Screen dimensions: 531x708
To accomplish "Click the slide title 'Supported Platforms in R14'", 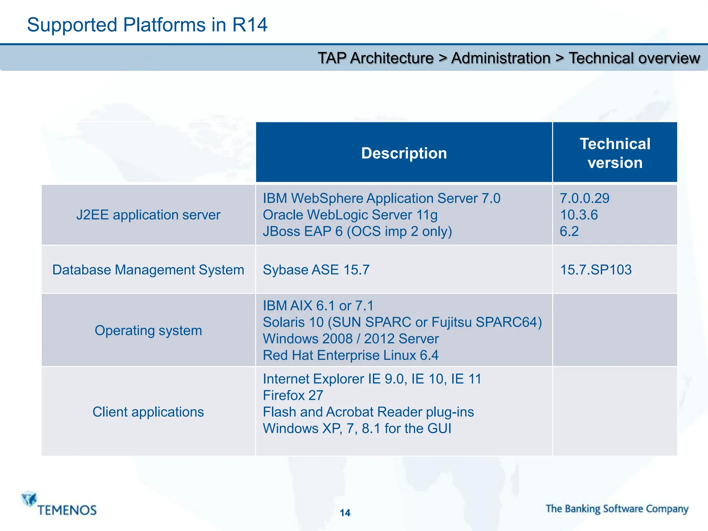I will point(147,25).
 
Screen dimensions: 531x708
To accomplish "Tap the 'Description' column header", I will point(404,153).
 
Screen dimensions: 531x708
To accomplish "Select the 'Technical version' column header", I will point(615,153).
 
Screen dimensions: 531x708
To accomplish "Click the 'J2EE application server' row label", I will point(148,215).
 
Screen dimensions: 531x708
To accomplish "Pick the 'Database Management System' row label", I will point(148,270).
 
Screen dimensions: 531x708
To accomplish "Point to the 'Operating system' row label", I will point(148,330).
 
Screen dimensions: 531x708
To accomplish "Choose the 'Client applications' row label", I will point(148,412).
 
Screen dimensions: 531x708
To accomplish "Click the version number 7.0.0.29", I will point(584,198).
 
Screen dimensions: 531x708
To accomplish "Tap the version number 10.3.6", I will point(579,215).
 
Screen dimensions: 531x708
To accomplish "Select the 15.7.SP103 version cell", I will point(595,270).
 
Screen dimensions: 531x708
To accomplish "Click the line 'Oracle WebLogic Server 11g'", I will point(350,215).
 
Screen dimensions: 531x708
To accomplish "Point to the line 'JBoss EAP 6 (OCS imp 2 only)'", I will point(357,232).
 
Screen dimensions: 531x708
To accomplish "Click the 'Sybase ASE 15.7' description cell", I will point(316,270).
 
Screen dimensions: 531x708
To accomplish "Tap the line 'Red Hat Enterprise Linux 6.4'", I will point(350,355).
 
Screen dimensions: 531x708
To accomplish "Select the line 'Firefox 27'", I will point(293,395).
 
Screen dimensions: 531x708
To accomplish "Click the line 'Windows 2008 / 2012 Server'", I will point(351,339).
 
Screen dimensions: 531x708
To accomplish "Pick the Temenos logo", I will point(59,504).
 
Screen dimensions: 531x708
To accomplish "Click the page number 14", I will point(345,513).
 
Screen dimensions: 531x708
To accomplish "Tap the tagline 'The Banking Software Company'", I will point(617,509).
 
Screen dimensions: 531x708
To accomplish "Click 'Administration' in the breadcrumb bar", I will point(501,58).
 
